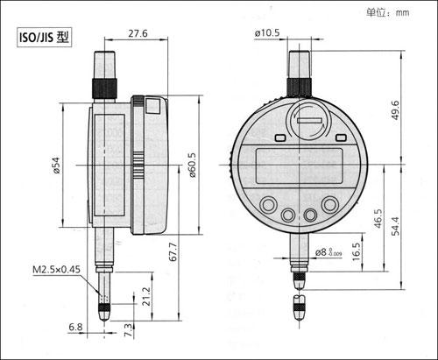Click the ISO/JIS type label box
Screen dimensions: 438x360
point(44,37)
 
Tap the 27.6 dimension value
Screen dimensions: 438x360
point(138,33)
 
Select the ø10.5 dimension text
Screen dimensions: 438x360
point(267,32)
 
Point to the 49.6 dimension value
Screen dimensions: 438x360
point(395,110)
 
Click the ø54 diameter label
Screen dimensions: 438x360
point(56,166)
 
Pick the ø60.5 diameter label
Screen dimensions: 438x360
point(193,166)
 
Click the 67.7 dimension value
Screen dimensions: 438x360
point(173,251)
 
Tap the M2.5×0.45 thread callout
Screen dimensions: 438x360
point(56,269)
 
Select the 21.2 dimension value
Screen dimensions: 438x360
point(146,296)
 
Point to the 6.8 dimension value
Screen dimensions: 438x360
point(75,327)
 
